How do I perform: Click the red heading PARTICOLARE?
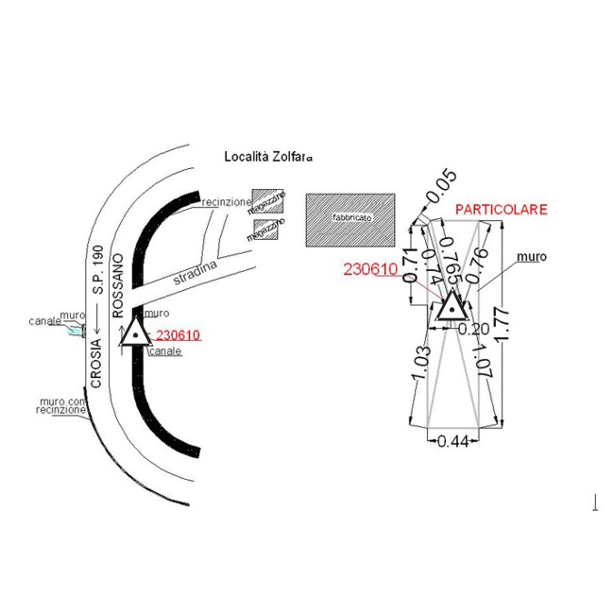(x=501, y=210)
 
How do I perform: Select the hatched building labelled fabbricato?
(x=350, y=219)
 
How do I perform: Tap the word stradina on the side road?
(x=196, y=275)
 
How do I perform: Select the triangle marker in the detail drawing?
(x=450, y=306)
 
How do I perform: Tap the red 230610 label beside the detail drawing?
(x=370, y=269)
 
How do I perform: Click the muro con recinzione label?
(x=62, y=404)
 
